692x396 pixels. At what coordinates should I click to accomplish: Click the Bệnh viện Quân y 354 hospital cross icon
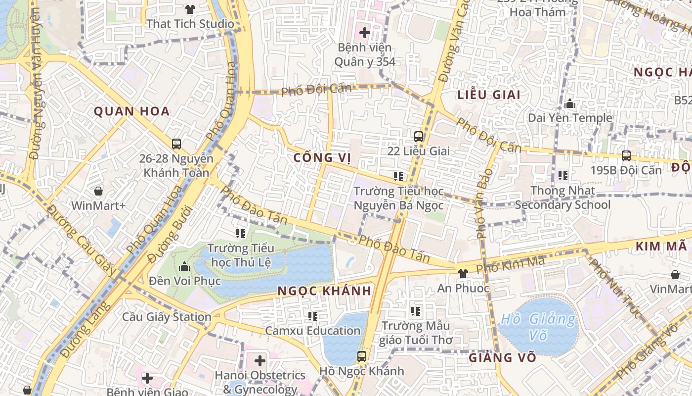(365, 33)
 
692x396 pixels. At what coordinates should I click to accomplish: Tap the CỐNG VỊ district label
(322, 158)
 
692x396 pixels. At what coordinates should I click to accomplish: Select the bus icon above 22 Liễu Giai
(419, 136)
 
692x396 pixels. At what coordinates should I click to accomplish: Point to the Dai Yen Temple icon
(570, 104)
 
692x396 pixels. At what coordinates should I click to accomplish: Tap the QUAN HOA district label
(132, 111)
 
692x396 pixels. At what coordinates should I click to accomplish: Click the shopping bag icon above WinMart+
(98, 191)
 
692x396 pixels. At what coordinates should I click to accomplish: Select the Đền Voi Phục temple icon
(184, 267)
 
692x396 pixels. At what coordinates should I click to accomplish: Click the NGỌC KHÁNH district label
(324, 291)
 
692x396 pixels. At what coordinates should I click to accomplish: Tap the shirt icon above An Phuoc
(463, 274)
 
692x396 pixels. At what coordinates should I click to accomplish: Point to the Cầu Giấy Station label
(167, 317)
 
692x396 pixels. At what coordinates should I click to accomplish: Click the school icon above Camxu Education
(313, 316)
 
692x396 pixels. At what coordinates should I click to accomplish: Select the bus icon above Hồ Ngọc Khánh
(362, 356)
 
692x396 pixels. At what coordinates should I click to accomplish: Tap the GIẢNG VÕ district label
(502, 357)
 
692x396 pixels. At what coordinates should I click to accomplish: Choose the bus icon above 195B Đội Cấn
(626, 156)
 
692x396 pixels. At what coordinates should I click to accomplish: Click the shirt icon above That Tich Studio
(190, 9)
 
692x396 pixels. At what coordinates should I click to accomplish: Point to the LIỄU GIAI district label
(489, 95)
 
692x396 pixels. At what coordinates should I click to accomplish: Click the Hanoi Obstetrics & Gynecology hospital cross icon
(260, 361)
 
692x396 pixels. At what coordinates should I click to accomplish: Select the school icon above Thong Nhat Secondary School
(563, 176)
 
